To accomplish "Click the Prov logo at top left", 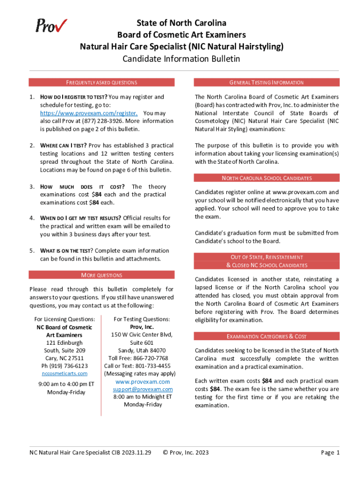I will click(x=51, y=26).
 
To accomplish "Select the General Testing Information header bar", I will click(x=266, y=82).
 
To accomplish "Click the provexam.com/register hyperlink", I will click(x=89, y=113).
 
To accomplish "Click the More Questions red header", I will click(x=101, y=275).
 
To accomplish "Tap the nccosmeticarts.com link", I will click(x=65, y=373).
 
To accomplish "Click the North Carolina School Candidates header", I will click(x=267, y=178).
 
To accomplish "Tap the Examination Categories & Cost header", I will click(x=266, y=336).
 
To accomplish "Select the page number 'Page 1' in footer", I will click(x=330, y=452).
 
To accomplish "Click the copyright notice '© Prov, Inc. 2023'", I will click(x=186, y=452).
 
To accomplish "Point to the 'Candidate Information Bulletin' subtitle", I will click(x=181, y=59).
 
